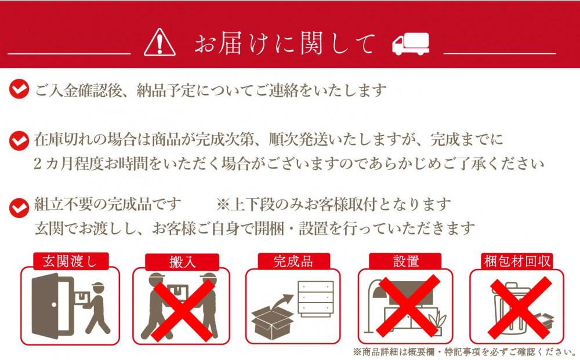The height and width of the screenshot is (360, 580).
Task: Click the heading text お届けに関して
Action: pyautogui.click(x=285, y=42)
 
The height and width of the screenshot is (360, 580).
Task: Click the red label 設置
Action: pyautogui.click(x=405, y=261)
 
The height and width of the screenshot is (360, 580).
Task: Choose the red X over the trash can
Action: pyautogui.click(x=517, y=307)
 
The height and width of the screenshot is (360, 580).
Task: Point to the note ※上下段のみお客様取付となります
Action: pyautogui.click(x=333, y=205)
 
